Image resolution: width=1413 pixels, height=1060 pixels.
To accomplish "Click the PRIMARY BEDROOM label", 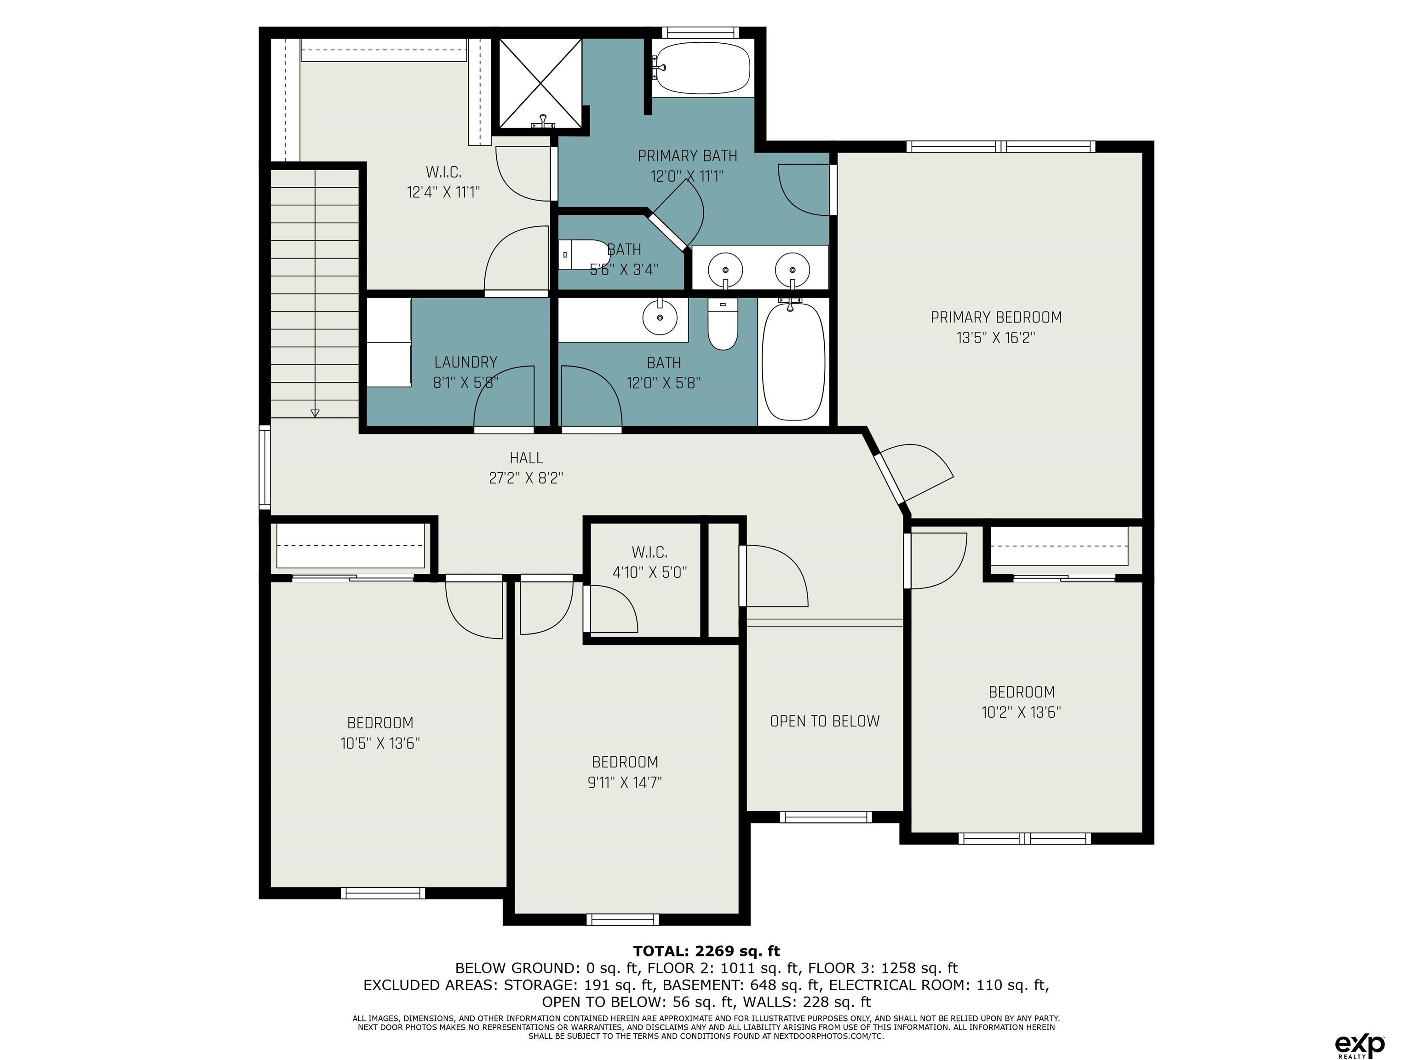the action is pyautogui.click(x=996, y=317).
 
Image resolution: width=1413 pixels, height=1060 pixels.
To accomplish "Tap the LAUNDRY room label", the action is pyautogui.click(x=465, y=362).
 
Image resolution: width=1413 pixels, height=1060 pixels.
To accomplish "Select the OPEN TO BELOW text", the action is pyautogui.click(x=825, y=721).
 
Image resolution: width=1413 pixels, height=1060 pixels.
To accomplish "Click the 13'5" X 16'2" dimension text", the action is pyautogui.click(x=996, y=337).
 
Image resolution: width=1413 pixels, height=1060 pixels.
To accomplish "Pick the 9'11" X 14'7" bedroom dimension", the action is pyautogui.click(x=625, y=782).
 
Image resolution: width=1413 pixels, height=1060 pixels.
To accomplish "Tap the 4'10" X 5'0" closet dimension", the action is pyautogui.click(x=649, y=572).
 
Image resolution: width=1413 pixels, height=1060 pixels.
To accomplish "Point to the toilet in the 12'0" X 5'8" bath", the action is pyautogui.click(x=723, y=325).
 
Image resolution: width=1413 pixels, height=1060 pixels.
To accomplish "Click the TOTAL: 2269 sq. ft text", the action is pyautogui.click(x=706, y=951).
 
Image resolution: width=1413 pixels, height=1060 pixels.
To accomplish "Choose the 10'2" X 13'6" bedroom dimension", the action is pyautogui.click(x=1022, y=712).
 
